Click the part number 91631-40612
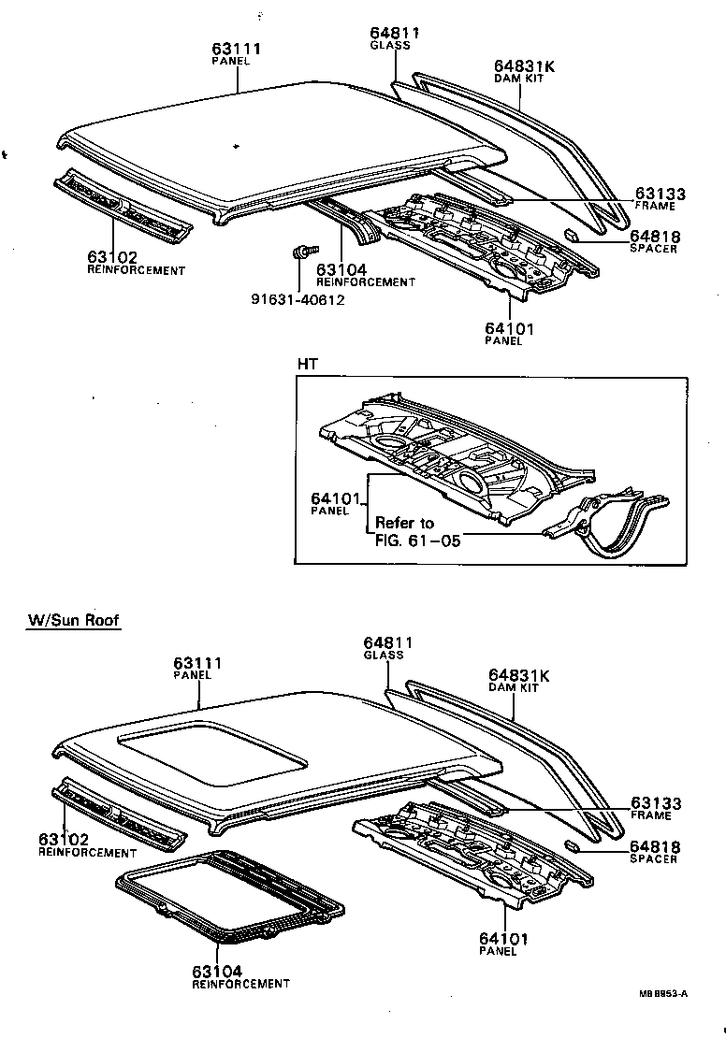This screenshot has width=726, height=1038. coord(298,299)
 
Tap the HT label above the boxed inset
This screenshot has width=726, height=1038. coord(307,363)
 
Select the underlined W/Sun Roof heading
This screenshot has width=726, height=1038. coord(73,620)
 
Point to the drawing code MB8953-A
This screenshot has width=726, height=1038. coord(662,993)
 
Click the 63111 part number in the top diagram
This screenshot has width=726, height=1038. coord(235,49)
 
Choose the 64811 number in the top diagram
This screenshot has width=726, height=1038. coord(389,33)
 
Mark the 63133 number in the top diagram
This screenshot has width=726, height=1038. coord(659,194)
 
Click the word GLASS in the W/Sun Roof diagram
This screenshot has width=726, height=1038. coord(384,656)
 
